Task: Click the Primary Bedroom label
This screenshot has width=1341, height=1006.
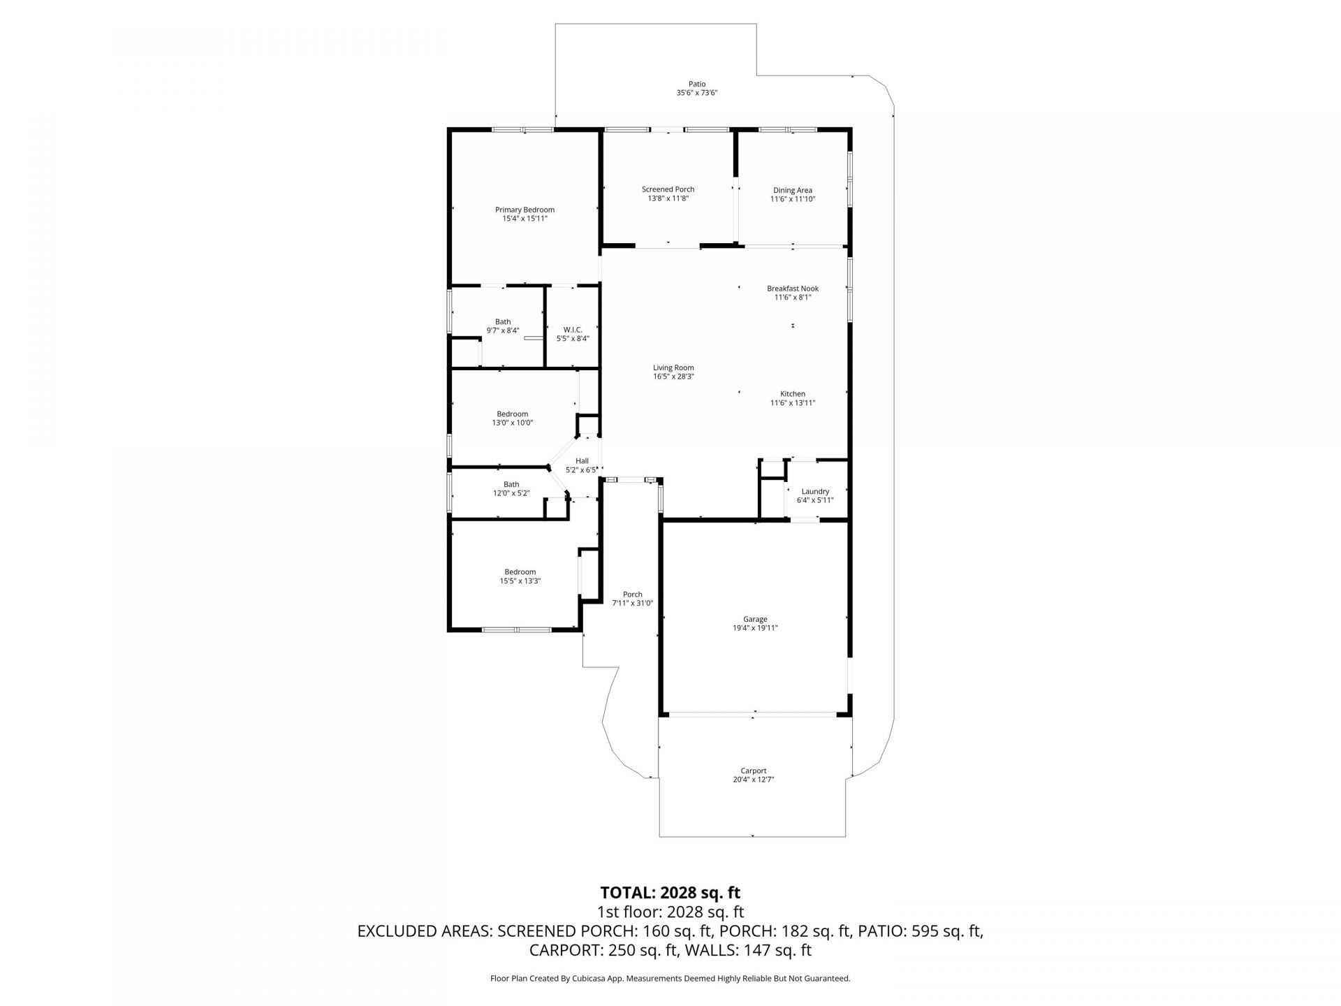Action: [525, 210]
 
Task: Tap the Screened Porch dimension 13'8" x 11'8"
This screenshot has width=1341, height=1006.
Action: [668, 198]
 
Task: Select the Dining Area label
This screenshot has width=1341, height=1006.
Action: [792, 190]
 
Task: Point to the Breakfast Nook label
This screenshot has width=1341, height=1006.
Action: [792, 289]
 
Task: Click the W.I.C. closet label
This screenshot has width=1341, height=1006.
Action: [573, 330]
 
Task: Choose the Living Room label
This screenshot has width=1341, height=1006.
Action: [673, 367]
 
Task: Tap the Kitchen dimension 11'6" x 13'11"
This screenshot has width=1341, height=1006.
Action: [792, 403]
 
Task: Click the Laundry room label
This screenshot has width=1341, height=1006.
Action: [815, 491]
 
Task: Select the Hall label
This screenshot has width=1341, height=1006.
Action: [582, 461]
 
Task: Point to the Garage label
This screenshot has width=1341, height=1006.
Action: [755, 619]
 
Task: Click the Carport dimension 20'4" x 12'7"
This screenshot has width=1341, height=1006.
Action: [754, 780]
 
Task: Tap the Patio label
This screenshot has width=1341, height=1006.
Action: [696, 84]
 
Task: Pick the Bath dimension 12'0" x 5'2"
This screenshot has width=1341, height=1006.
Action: [511, 493]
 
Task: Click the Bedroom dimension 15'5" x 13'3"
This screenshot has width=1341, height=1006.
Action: [520, 581]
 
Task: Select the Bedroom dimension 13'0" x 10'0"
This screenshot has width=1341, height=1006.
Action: [512, 423]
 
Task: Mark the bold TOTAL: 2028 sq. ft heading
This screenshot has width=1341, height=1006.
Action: [670, 892]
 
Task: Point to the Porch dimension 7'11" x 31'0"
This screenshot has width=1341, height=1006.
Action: [632, 603]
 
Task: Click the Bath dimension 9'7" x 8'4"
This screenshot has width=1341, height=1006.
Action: [503, 330]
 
